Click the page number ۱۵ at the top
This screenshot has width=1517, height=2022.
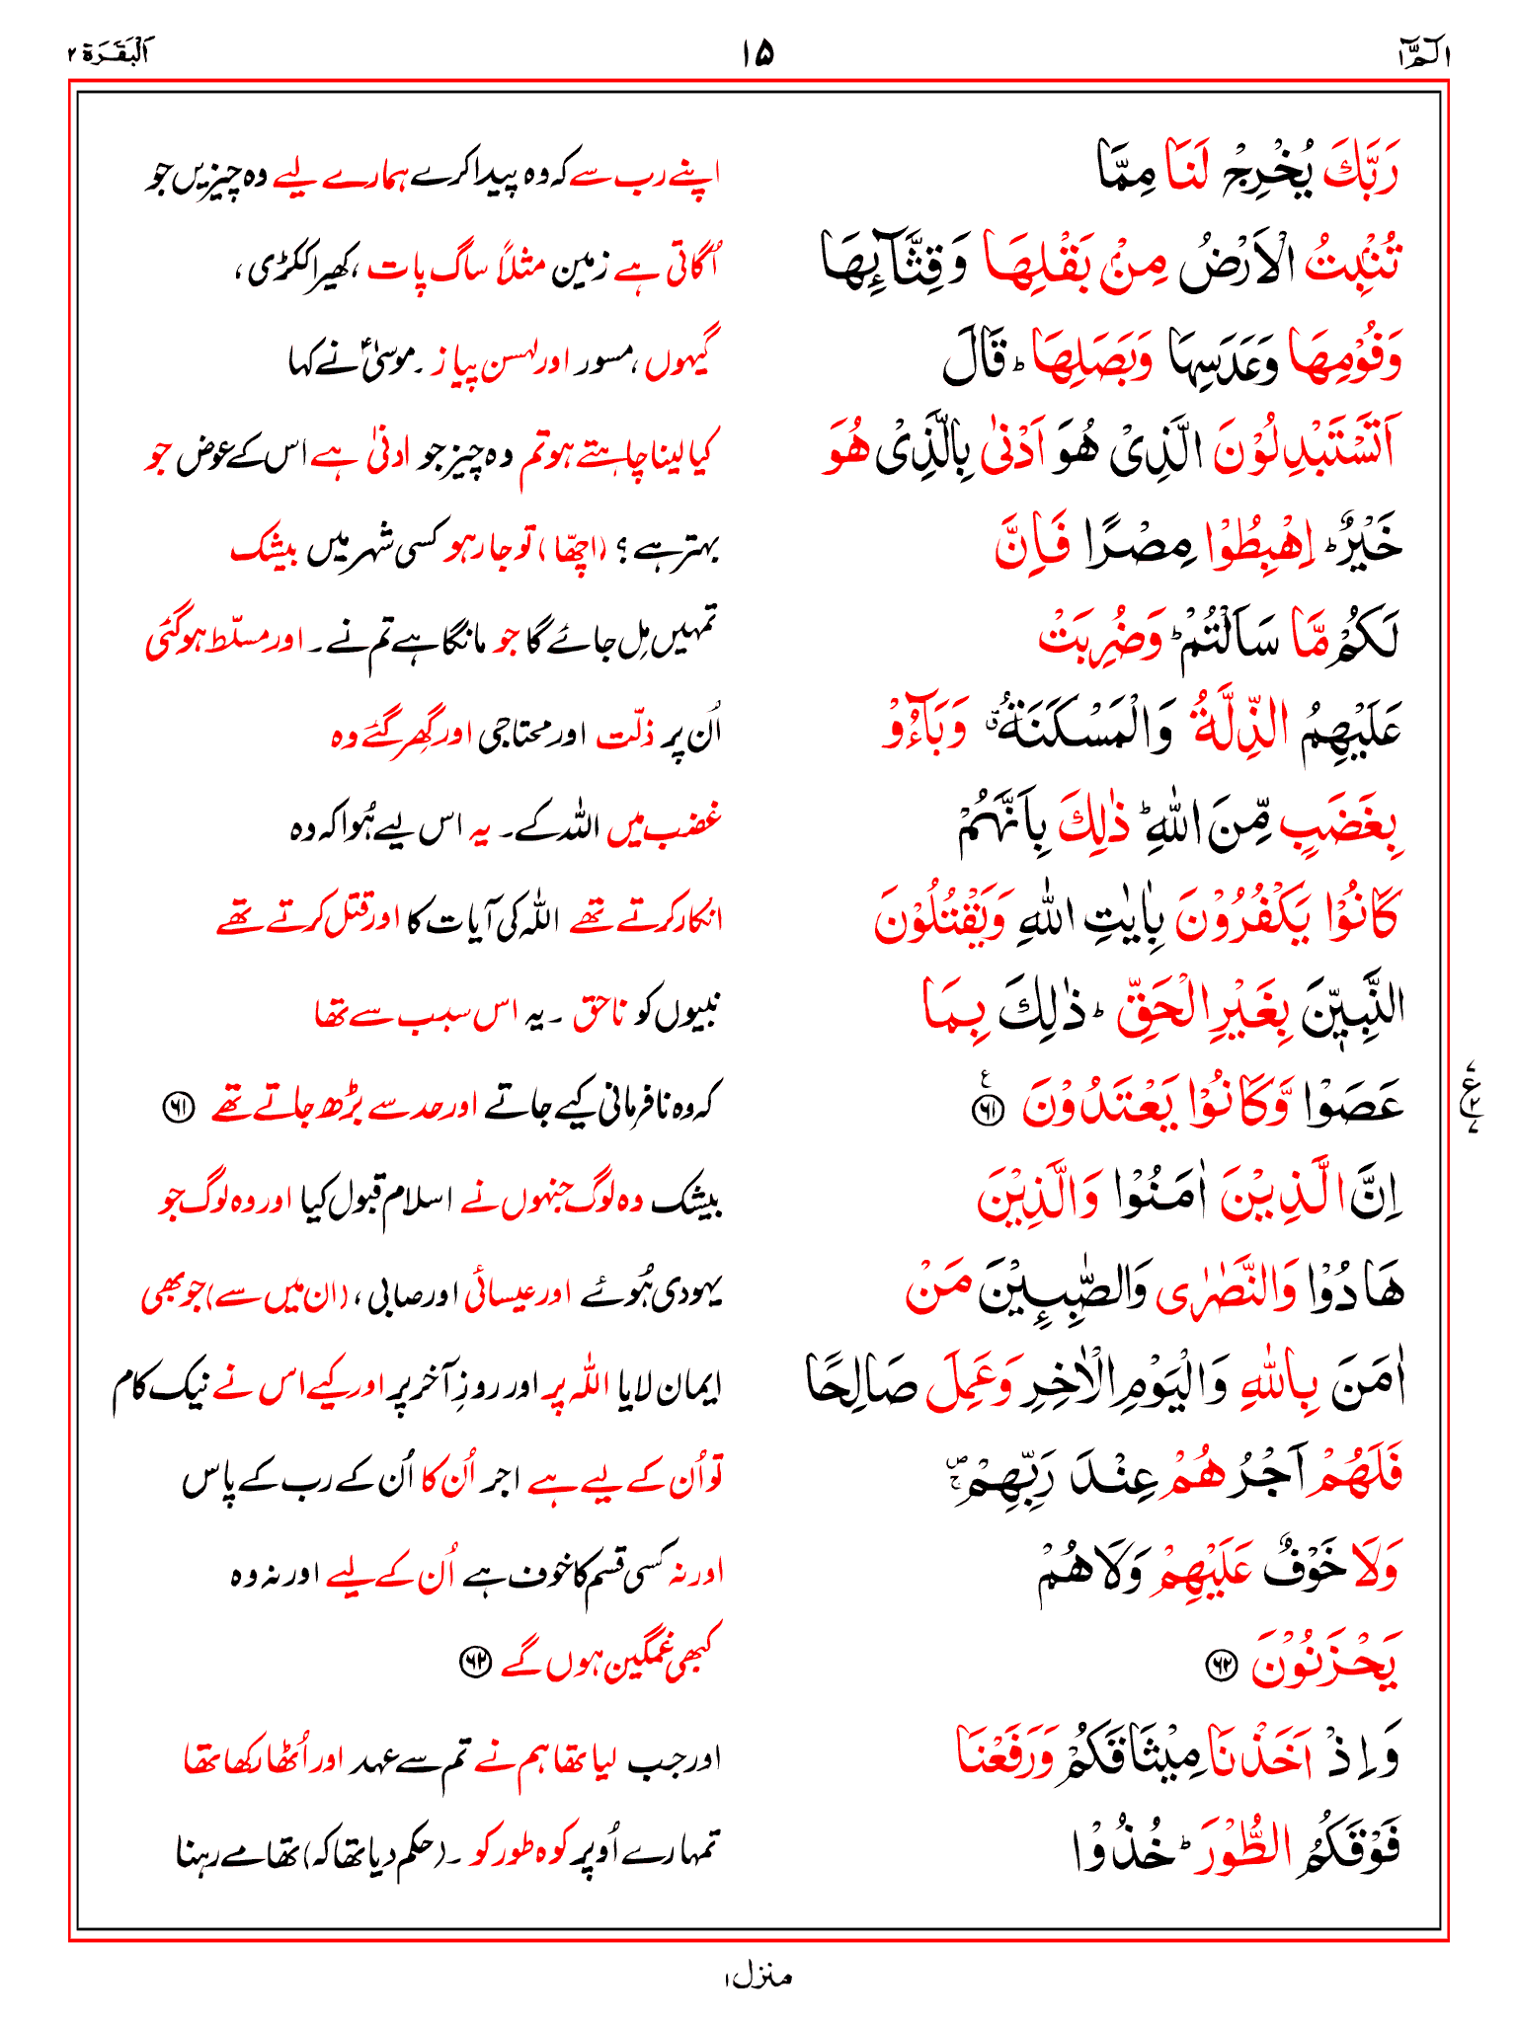[x=758, y=52]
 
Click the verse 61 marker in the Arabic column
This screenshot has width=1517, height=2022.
[x=986, y=1111]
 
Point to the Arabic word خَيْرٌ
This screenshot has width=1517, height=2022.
[x=1362, y=542]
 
